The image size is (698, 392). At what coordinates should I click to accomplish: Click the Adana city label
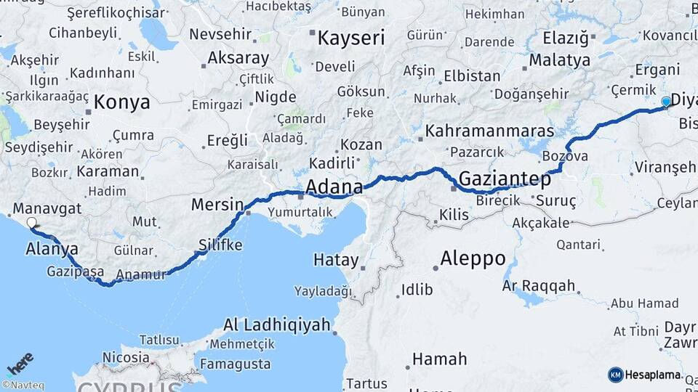(334, 187)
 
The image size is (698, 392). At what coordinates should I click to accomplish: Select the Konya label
(122, 102)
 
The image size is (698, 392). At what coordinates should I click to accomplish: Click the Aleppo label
(473, 258)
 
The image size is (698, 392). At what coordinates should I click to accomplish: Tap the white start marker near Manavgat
(31, 223)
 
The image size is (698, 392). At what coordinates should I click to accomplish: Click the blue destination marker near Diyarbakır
(666, 102)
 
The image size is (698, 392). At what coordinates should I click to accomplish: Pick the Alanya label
(52, 248)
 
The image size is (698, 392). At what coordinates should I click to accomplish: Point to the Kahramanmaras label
(490, 131)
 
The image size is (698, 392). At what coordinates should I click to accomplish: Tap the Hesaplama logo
(644, 375)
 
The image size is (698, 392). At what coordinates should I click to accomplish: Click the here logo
(20, 363)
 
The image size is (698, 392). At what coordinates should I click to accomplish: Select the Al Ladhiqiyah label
(277, 324)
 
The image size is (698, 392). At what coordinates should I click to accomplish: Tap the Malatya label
(560, 60)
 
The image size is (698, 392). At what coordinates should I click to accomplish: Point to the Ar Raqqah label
(538, 286)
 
